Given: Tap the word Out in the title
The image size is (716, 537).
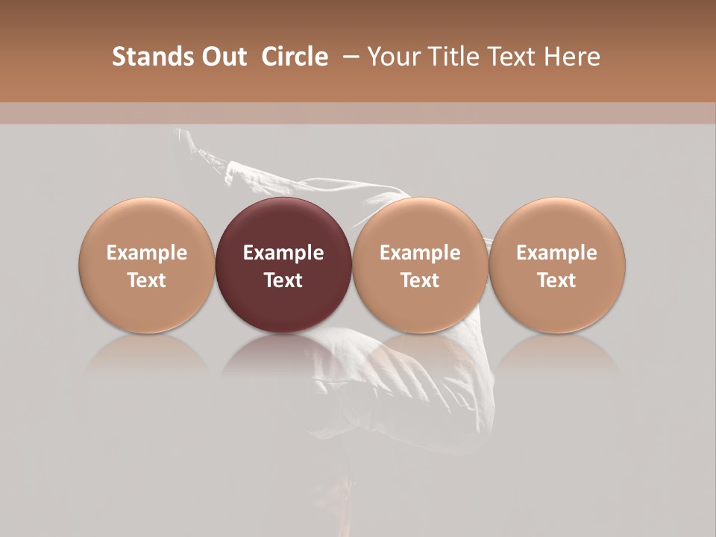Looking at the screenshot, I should coord(222,57).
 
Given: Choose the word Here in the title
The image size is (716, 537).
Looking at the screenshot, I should coord(571,57).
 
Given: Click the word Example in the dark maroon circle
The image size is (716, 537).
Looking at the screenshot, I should coord(283,253).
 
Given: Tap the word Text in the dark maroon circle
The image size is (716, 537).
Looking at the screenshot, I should coord(283,280).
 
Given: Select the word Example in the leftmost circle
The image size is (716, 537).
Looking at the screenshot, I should coord(146,253).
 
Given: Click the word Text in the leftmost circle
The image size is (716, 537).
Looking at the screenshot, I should coord(146,280).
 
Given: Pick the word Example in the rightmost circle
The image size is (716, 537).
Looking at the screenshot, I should coord(556,253).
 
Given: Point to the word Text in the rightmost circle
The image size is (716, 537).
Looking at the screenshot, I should coord(556,280).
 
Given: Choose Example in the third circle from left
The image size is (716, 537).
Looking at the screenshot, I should coord(420,253).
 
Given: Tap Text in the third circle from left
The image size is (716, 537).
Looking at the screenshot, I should coord(420,280).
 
